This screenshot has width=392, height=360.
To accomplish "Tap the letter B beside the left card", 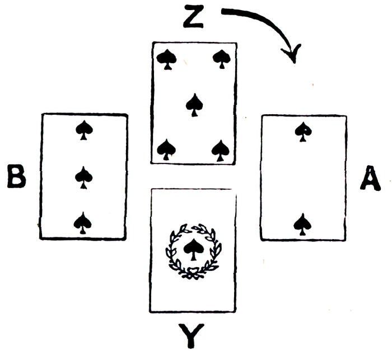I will [17, 177].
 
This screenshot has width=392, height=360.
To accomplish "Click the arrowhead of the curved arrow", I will [291, 54].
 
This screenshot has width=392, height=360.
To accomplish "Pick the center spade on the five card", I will [194, 104].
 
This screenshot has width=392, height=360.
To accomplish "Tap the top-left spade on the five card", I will [166, 59].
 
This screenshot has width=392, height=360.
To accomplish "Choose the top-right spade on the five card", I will [222, 58].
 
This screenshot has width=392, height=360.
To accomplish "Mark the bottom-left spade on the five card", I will [166, 149].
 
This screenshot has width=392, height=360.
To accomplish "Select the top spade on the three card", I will [83, 131].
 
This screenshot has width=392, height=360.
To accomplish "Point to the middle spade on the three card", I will [83, 177].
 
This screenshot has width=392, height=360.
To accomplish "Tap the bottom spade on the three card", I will [83, 222].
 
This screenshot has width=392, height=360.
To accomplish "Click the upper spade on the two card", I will [303, 132].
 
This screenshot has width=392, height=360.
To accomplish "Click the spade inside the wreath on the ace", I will [193, 249].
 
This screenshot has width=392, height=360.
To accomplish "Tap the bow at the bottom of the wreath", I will [193, 273].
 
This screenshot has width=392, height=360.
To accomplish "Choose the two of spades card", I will [303, 177].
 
